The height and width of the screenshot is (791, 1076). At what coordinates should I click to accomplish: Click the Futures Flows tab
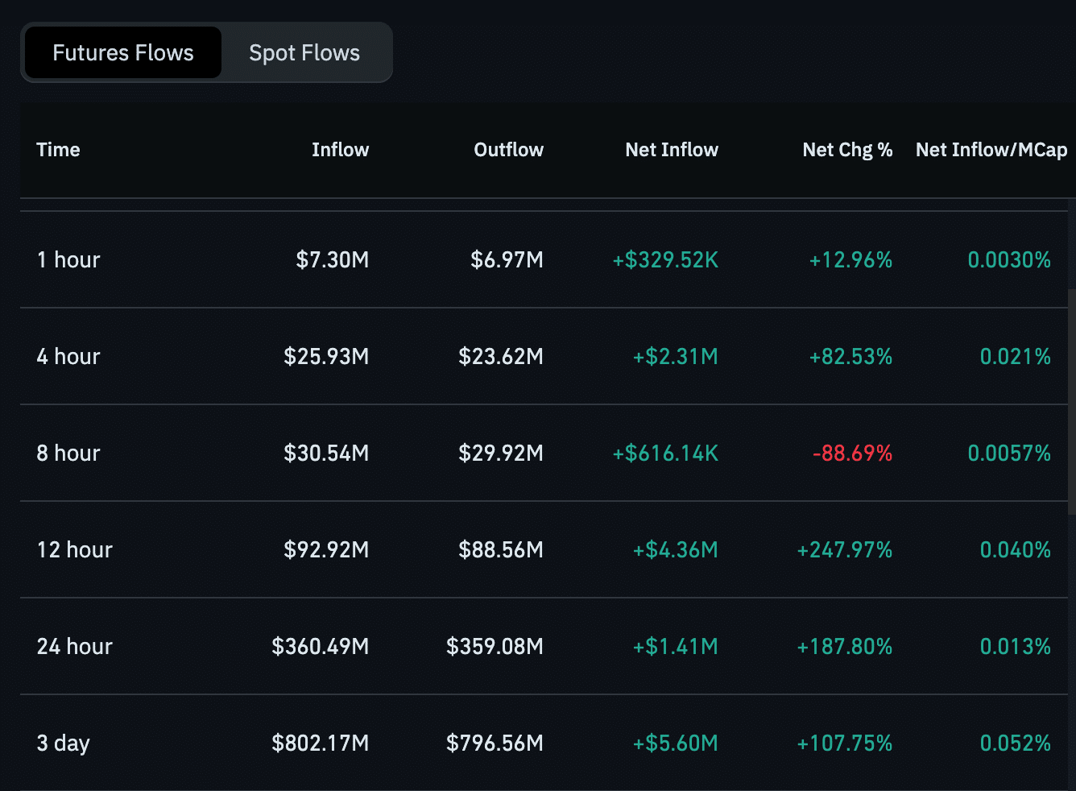[123, 53]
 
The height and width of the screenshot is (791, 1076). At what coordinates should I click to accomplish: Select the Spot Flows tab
[304, 53]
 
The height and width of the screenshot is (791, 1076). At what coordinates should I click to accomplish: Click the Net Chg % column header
[847, 150]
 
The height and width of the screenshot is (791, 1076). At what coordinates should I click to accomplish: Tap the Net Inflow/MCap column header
[991, 150]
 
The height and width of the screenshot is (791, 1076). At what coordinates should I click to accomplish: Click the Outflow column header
[508, 150]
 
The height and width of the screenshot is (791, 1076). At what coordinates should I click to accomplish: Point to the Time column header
[58, 150]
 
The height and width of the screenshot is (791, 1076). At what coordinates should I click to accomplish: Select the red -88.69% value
[852, 453]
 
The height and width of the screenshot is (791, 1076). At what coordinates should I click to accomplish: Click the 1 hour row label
[68, 260]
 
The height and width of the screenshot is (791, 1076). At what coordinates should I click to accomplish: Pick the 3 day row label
[63, 743]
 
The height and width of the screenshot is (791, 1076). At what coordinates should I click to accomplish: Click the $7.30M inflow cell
[332, 260]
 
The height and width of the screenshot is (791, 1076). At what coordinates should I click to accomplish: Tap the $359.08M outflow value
[495, 647]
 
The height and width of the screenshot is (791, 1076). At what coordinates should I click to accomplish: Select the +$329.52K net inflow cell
[665, 260]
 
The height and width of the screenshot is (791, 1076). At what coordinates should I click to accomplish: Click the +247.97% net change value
[844, 550]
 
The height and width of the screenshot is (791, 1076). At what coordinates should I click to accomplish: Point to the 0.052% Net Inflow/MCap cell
[1015, 743]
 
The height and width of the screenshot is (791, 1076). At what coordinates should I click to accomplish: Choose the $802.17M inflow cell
[320, 743]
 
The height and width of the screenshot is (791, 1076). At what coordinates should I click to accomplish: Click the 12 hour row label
[74, 550]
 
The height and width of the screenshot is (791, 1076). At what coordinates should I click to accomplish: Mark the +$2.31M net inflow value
[675, 357]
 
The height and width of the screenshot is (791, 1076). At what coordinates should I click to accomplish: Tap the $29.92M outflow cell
[500, 453]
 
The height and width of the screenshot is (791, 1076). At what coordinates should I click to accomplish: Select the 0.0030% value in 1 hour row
[1008, 260]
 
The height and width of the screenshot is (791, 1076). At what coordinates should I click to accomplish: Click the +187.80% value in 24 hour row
[844, 647]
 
